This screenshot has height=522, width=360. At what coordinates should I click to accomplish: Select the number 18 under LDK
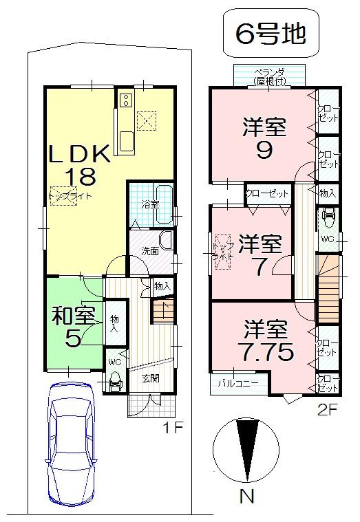[79, 176]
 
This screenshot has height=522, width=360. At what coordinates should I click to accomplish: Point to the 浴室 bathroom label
[150, 204]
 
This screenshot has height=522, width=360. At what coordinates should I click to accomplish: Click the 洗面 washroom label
[150, 251]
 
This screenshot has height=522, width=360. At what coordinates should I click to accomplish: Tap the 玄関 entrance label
[151, 378]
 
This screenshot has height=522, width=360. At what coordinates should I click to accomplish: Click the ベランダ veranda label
[269, 75]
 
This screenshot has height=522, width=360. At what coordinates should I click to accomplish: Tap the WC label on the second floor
[328, 239]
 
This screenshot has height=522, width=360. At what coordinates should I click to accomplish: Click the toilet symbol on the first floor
[114, 379]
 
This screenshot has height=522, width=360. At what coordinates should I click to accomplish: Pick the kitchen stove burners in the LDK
[125, 101]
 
